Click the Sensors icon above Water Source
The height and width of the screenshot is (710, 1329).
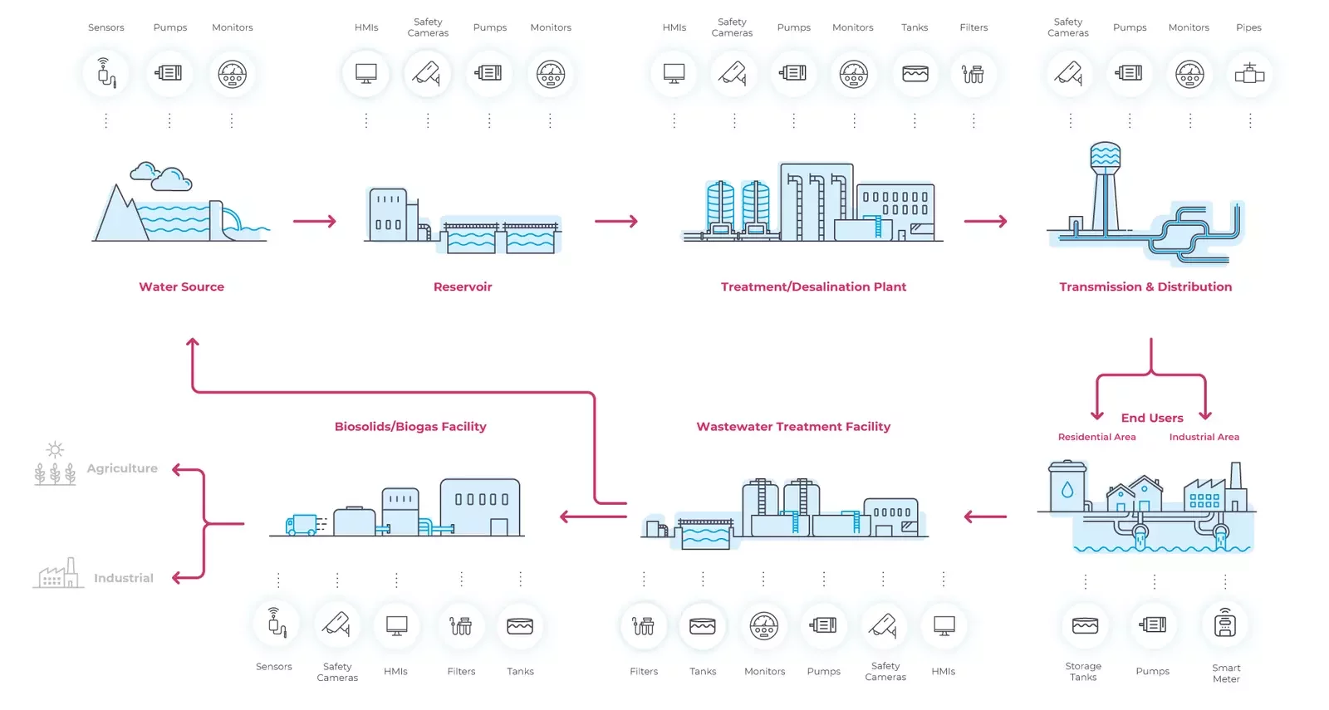(x=106, y=74)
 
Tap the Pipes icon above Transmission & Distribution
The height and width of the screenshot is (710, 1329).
(x=1249, y=74)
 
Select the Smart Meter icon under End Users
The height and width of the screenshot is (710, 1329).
(x=1225, y=624)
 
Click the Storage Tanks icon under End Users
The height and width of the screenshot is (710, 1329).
(x=1085, y=625)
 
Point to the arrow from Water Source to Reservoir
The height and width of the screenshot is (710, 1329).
(x=315, y=221)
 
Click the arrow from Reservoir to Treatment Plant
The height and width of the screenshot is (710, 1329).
(x=616, y=221)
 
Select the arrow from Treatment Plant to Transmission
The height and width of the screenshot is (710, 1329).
(x=986, y=221)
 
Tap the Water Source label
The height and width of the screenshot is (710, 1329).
(x=181, y=286)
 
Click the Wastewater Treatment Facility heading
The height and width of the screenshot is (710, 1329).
(x=793, y=427)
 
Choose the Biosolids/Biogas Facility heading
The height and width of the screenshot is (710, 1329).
(x=410, y=427)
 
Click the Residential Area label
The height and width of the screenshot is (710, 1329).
(x=1096, y=437)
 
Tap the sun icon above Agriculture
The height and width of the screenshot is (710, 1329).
(x=55, y=450)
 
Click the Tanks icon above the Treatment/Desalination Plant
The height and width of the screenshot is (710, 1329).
(x=915, y=74)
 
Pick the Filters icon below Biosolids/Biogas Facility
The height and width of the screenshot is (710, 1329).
(x=461, y=625)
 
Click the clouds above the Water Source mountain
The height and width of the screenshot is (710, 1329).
(x=160, y=175)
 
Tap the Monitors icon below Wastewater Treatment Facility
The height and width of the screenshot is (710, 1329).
(x=764, y=625)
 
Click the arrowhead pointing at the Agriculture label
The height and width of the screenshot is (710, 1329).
(x=177, y=470)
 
